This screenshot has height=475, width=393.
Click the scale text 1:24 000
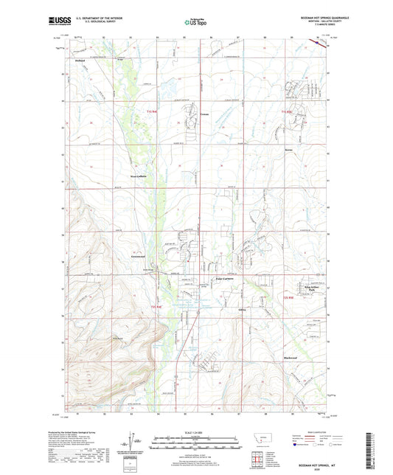195,433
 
